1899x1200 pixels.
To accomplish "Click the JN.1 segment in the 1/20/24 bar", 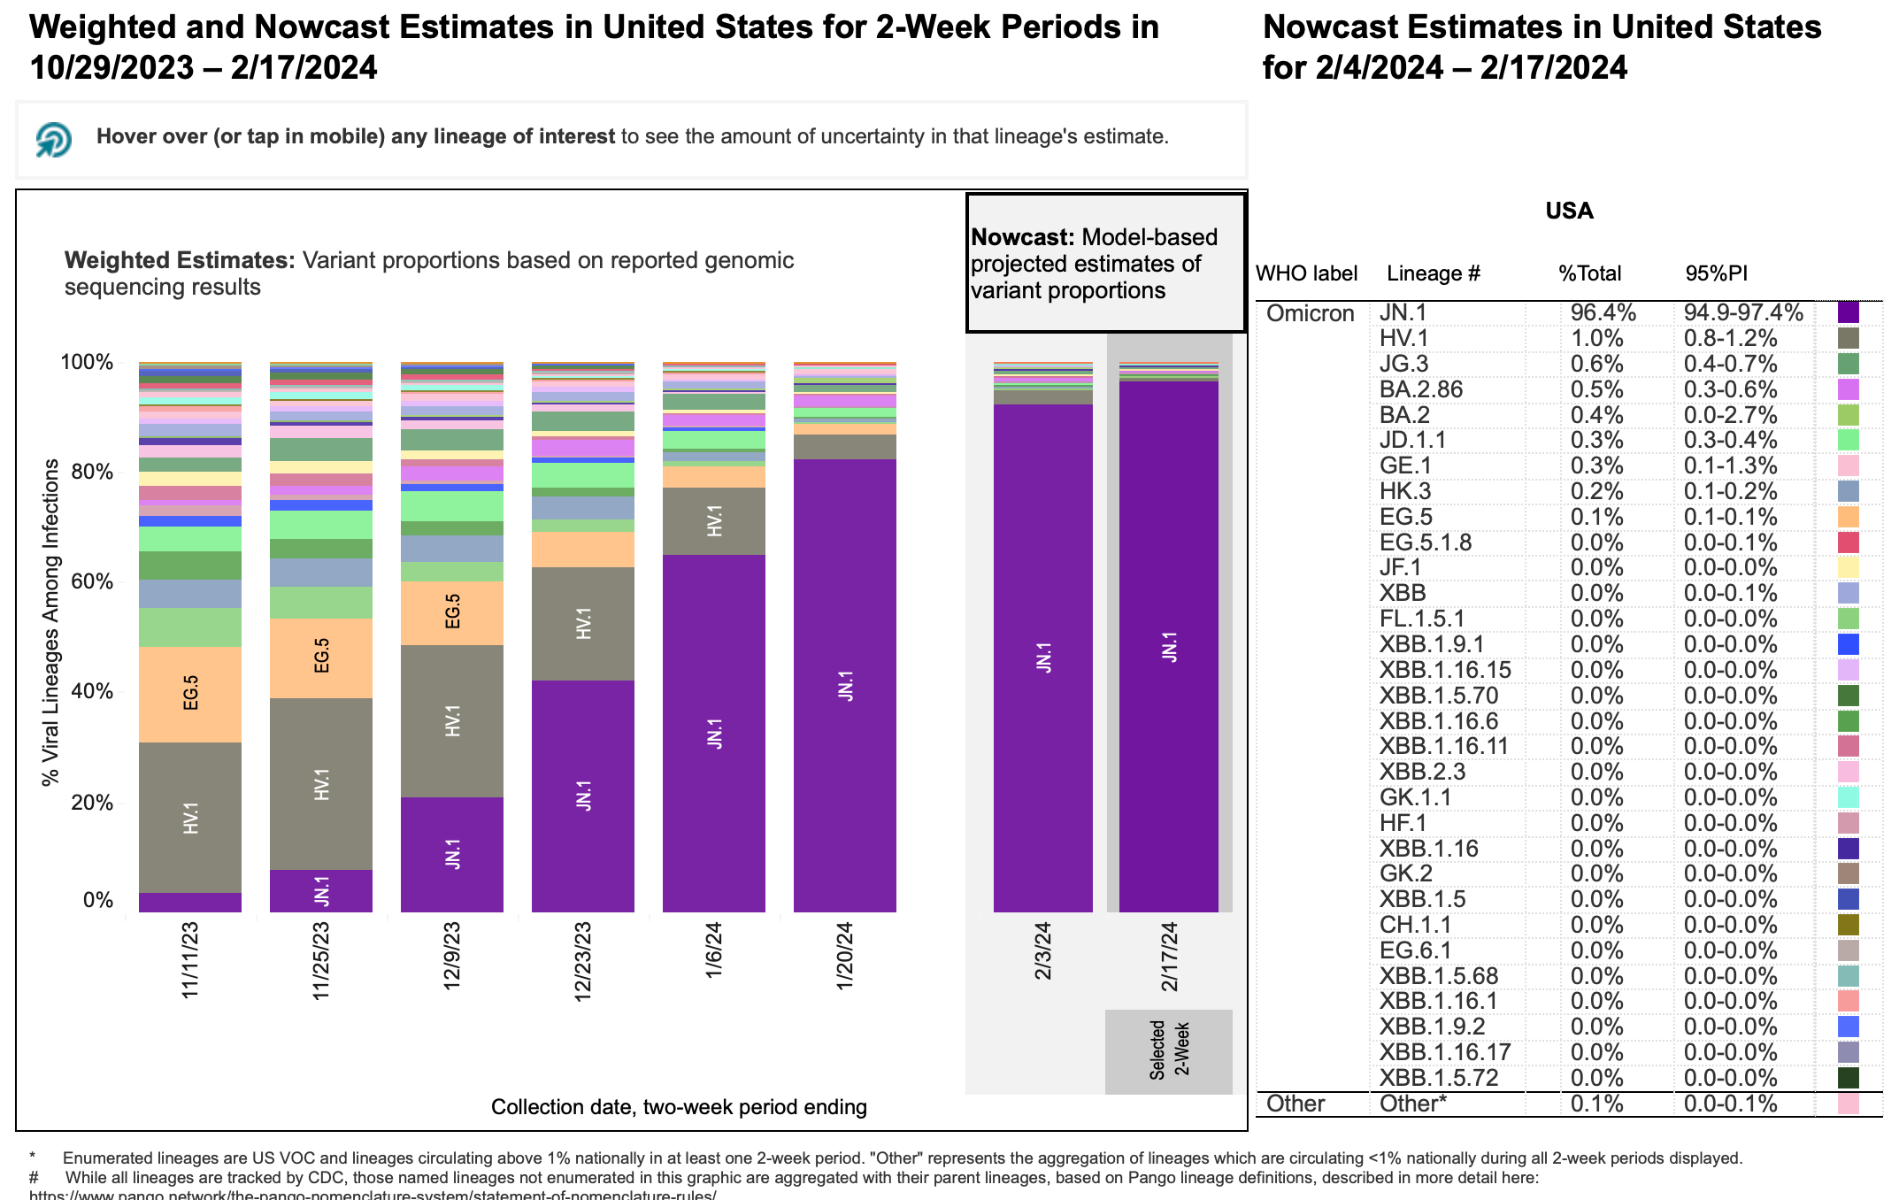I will click(x=845, y=686).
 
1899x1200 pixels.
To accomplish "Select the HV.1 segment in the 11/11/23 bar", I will click(x=190, y=818).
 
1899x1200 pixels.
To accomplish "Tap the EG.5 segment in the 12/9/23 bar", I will click(x=452, y=612).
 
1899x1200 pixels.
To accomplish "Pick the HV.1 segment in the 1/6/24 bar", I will click(x=714, y=521).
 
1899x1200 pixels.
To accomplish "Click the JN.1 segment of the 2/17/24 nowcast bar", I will click(x=1169, y=646).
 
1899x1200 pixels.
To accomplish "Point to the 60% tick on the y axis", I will click(x=92, y=582).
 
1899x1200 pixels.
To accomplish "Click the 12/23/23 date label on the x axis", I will click(x=583, y=961).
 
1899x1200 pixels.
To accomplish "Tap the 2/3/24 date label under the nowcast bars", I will click(x=1043, y=950).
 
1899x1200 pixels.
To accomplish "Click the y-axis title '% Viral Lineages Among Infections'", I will click(x=51, y=621).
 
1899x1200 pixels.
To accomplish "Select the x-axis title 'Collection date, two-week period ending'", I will click(x=679, y=1107).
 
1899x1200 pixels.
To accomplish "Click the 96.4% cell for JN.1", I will click(x=1603, y=313).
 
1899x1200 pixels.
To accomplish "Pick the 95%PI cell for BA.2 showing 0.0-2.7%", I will click(x=1730, y=415).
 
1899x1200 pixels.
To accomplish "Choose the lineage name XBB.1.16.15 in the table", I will click(x=1445, y=670).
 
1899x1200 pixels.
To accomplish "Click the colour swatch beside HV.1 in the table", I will click(x=1848, y=339).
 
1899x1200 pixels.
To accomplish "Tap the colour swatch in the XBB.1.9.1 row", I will click(x=1848, y=644).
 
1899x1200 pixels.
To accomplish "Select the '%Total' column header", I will click(x=1589, y=273).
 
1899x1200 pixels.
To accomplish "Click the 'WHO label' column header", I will click(x=1306, y=273).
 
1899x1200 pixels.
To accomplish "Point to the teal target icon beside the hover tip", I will click(x=54, y=139).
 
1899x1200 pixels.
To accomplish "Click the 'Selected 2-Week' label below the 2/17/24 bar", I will click(x=1169, y=1050).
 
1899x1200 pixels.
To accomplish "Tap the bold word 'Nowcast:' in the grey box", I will click(x=1022, y=237).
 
